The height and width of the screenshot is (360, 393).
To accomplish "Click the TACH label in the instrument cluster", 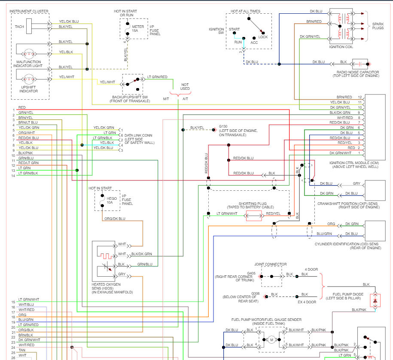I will tap(19, 27).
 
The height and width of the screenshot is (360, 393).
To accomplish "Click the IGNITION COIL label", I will tap(341, 47).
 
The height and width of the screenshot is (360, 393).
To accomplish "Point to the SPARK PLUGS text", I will tap(378, 26).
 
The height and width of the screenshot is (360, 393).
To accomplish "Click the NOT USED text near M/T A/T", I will tap(185, 86).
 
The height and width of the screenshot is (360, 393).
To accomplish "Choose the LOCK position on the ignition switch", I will tap(263, 37).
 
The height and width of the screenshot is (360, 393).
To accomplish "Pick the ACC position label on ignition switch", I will tap(254, 43).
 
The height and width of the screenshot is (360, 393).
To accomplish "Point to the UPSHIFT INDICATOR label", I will tap(29, 89).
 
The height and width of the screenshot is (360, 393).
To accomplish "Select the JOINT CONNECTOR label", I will tap(270, 265).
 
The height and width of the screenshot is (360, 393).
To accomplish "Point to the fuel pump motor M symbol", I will tap(271, 340).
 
